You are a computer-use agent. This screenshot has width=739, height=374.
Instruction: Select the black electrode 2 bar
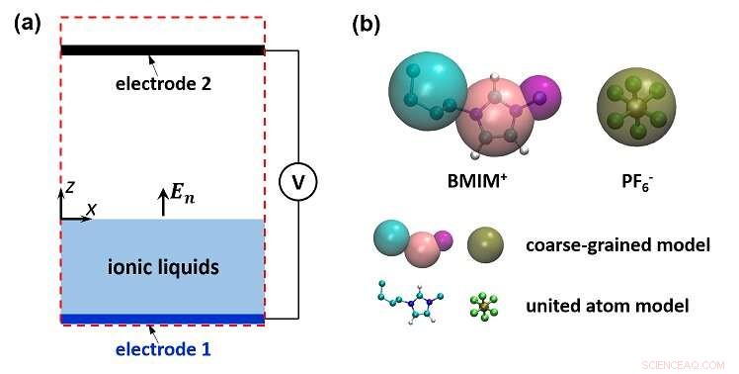(162, 49)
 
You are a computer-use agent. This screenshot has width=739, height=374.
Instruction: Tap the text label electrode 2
(162, 84)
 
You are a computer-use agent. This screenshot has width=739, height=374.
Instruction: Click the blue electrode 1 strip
(162, 319)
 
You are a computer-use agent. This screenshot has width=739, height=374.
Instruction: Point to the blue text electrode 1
(162, 348)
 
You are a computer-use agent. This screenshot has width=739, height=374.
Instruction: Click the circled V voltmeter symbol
(295, 182)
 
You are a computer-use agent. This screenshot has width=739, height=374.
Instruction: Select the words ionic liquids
(162, 266)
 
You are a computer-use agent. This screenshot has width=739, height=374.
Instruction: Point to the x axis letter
(91, 210)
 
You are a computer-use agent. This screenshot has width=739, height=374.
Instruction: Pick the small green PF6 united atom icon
(482, 303)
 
